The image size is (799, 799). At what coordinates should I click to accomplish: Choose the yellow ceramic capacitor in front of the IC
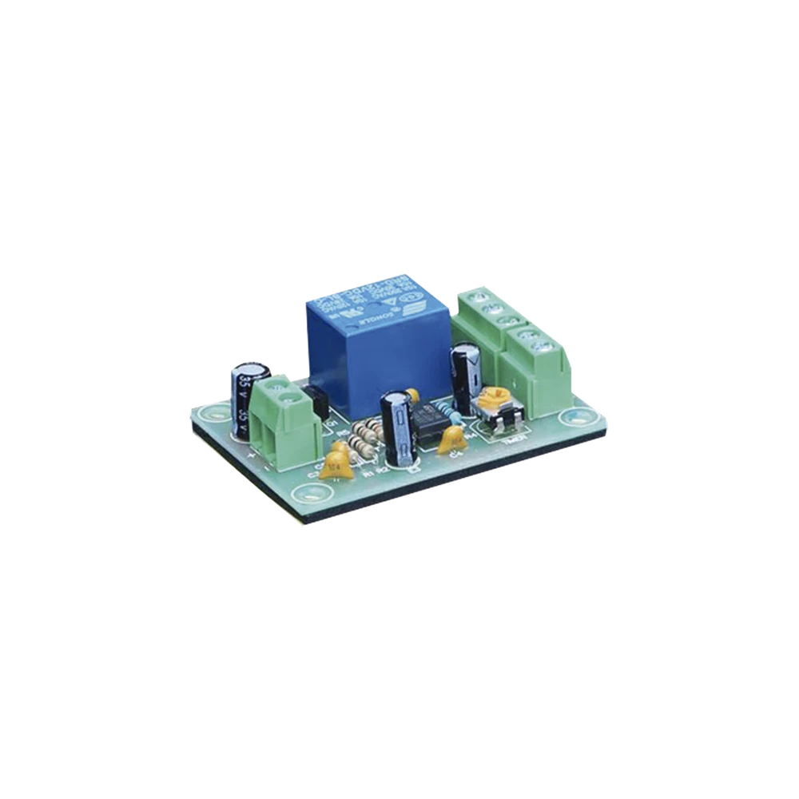[454, 438]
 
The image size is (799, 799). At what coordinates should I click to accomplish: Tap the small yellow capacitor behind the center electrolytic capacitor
[412, 393]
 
